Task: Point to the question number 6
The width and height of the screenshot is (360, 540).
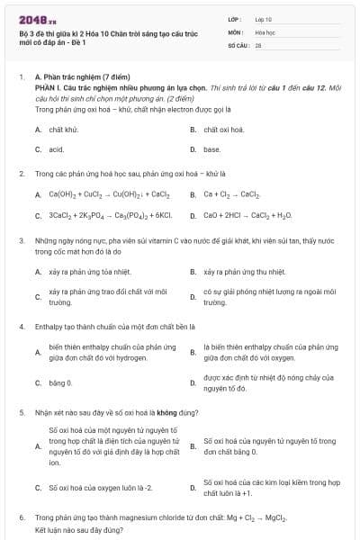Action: pos(21,518)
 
